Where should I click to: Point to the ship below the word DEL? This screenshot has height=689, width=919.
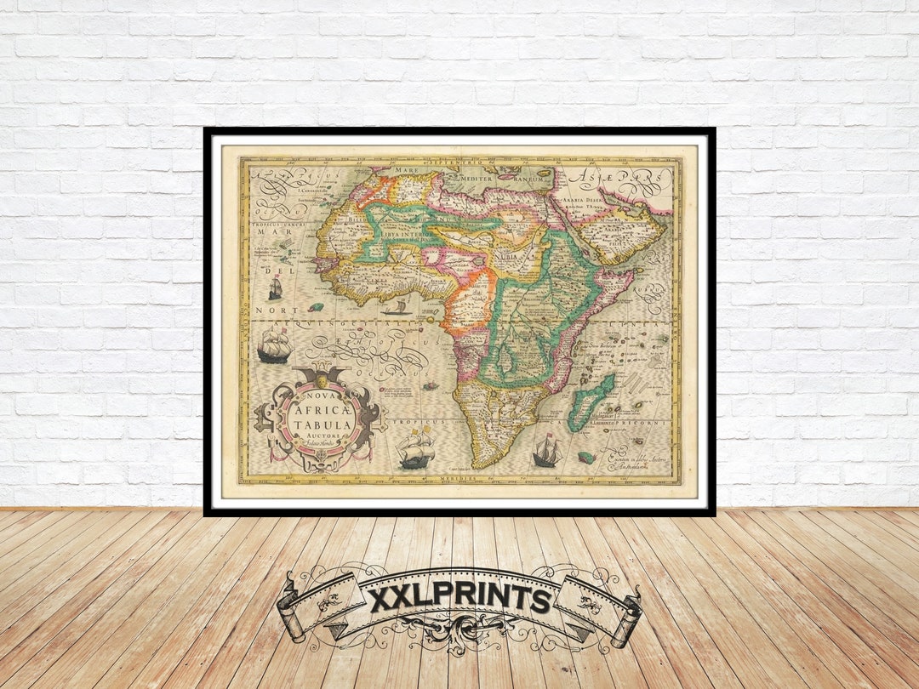tap(275, 288)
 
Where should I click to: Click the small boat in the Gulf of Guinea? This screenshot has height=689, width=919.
tap(397, 306)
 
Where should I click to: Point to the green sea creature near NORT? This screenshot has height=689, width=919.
tap(316, 306)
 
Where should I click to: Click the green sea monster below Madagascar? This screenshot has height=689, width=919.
tap(585, 457)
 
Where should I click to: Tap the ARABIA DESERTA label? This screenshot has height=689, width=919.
tap(582, 202)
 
